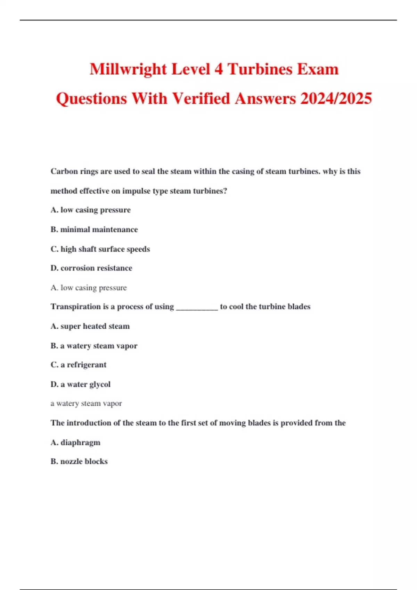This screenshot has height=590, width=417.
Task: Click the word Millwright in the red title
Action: (128, 69)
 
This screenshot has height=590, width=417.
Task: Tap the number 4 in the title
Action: (219, 69)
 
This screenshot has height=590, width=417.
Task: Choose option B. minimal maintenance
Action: (94, 229)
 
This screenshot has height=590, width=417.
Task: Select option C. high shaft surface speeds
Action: (100, 249)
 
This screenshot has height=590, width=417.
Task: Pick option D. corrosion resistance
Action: (91, 268)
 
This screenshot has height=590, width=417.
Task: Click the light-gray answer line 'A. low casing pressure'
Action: (89, 288)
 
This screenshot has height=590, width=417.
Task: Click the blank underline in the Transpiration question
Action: (197, 309)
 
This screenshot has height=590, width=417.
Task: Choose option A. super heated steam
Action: (90, 326)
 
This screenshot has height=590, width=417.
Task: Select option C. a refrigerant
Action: (79, 365)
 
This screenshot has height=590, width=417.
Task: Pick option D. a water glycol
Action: (80, 385)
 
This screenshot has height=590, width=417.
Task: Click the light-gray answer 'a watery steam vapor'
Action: (86, 404)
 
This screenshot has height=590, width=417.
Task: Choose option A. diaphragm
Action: (75, 442)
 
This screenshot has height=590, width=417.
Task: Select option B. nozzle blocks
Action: (79, 462)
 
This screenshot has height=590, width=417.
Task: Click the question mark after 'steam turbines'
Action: (225, 191)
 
